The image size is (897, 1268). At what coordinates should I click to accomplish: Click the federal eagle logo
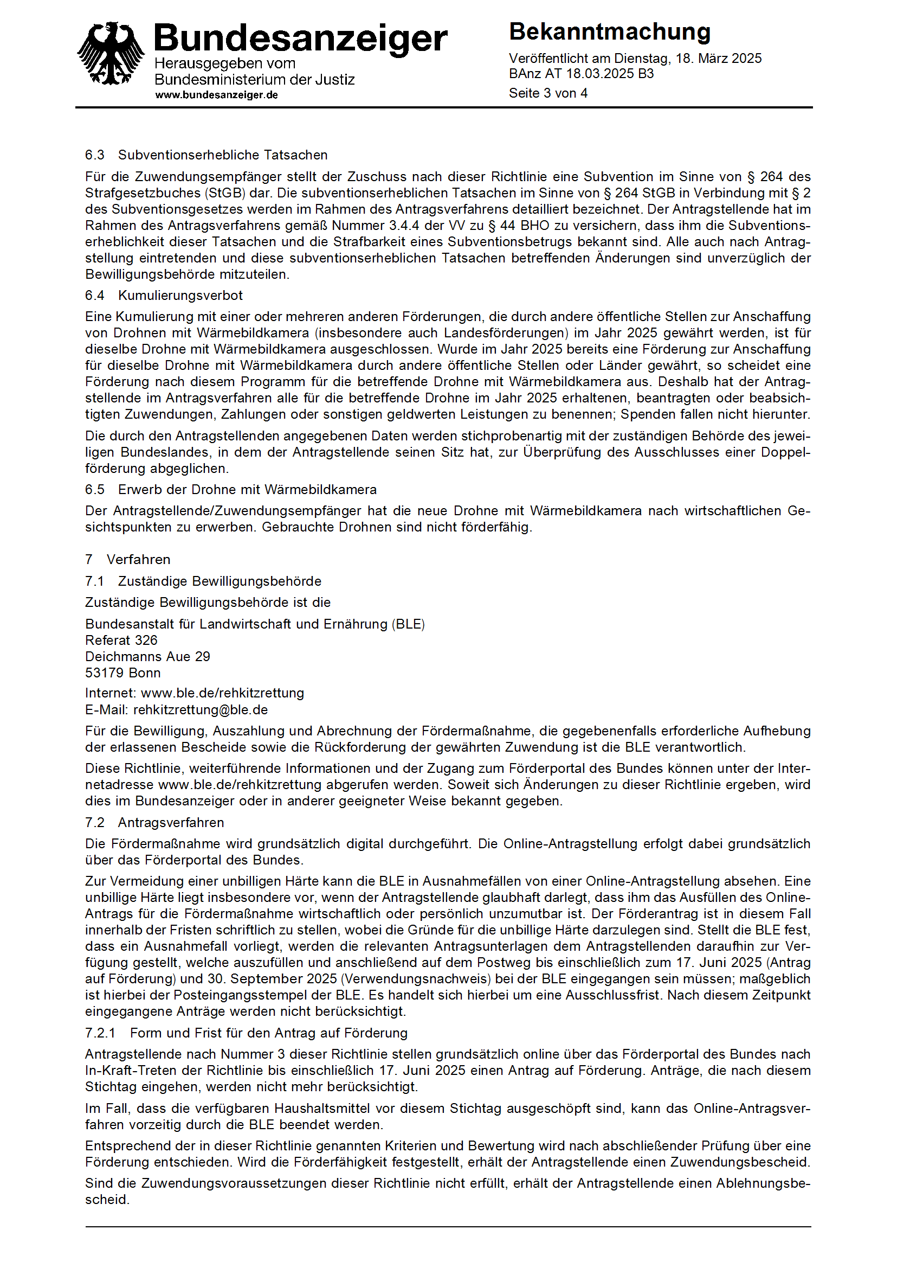click(x=111, y=54)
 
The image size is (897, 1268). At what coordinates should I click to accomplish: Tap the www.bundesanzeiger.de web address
click(x=216, y=95)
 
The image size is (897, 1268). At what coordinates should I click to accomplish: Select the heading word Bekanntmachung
click(x=609, y=32)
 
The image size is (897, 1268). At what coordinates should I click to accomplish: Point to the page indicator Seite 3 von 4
click(x=548, y=93)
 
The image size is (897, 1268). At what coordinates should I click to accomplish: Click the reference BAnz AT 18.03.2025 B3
click(x=581, y=74)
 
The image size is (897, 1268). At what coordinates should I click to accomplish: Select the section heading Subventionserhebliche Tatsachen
click(x=223, y=155)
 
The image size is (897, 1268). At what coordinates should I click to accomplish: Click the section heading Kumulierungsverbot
click(x=180, y=295)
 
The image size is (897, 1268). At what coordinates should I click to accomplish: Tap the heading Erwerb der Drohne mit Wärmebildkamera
click(x=247, y=489)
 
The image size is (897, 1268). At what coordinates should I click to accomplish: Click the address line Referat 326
click(x=121, y=640)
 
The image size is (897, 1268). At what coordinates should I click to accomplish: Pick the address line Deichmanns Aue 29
click(x=147, y=656)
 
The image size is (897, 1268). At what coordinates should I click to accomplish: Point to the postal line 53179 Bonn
click(x=122, y=673)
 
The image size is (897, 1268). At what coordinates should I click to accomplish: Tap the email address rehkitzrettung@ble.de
click(x=201, y=710)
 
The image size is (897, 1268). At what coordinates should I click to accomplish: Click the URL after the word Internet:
click(x=223, y=693)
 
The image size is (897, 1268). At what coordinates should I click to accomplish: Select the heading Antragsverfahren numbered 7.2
click(x=171, y=823)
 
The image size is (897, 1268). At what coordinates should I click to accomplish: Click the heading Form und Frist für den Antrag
click(x=268, y=1033)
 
